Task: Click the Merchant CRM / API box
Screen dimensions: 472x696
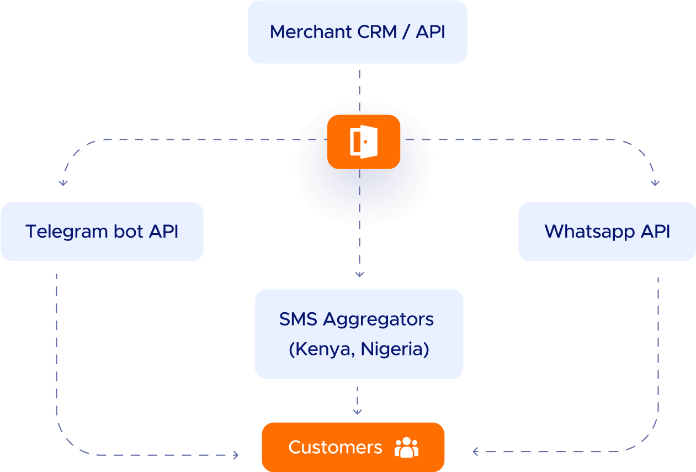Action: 357,32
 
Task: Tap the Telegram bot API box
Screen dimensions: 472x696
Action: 102,231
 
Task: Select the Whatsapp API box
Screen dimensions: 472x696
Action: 607,231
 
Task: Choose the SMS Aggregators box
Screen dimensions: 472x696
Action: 358,334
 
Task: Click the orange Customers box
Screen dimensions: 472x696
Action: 353,447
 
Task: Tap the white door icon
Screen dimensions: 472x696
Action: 364,141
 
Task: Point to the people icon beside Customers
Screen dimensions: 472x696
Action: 407,447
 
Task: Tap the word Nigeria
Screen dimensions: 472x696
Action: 396,349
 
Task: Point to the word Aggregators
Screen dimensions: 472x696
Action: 378,319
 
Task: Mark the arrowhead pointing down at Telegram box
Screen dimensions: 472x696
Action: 63,182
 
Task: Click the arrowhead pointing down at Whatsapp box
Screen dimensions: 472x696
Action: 655,182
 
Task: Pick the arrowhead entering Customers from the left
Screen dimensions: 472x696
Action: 236,455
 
